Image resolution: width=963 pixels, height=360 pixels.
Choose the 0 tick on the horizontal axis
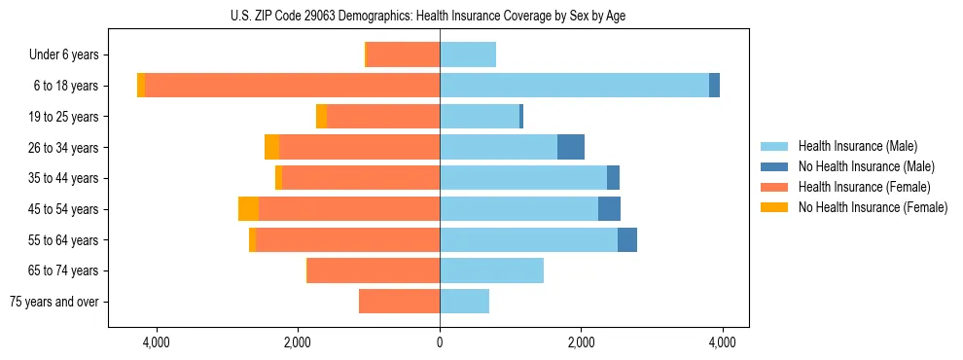tap(440, 342)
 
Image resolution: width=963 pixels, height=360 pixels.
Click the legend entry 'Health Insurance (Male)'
tap(857, 146)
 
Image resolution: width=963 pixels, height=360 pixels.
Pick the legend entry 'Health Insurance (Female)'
tap(864, 187)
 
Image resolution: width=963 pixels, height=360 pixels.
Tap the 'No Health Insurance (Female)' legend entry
tap(873, 207)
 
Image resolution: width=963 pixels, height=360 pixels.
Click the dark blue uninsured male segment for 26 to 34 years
tap(571, 147)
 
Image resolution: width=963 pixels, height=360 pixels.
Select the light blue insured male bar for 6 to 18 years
tap(574, 86)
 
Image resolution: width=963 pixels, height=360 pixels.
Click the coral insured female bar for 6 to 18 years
tap(292, 86)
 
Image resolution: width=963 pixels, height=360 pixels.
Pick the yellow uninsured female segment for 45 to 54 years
tap(248, 209)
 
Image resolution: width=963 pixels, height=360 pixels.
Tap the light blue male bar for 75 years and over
tap(464, 302)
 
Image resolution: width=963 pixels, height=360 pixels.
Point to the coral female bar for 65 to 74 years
tap(374, 270)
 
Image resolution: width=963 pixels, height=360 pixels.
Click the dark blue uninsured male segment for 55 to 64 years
tap(627, 239)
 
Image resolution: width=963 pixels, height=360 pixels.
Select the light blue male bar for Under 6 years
tap(468, 55)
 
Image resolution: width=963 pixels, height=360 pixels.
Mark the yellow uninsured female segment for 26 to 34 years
tap(271, 147)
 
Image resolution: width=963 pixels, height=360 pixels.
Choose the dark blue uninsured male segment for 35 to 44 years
tap(613, 178)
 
